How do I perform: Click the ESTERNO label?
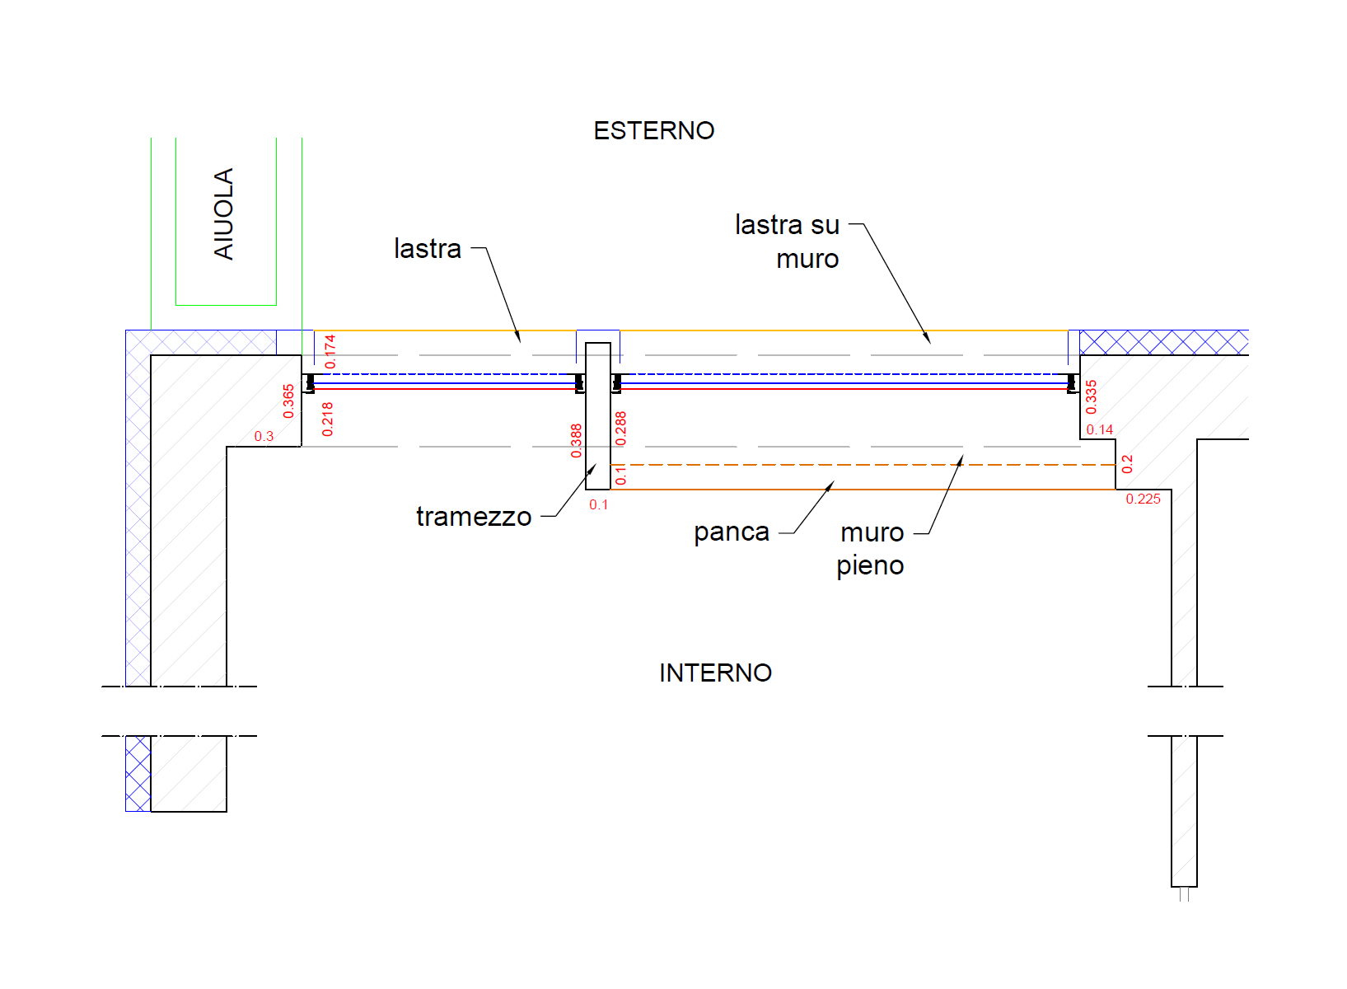coord(654,130)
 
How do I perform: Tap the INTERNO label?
coord(715,673)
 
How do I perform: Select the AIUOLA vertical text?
coord(224,213)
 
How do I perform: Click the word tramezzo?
coord(474,517)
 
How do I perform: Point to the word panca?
coord(731,532)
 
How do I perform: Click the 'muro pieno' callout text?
coord(871,549)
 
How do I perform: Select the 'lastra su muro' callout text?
coord(788,241)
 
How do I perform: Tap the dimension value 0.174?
coord(330,351)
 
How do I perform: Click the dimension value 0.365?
coord(288,401)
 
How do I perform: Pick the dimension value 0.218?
coord(328,419)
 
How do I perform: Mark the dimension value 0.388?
coord(576,441)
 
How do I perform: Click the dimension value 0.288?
coord(621,429)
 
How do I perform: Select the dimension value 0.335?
coord(1092,396)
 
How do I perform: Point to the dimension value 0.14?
coord(1099,429)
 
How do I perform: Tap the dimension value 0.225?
coord(1143,499)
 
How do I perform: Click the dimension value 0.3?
coord(264,436)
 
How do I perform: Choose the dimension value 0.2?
coord(1127,464)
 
